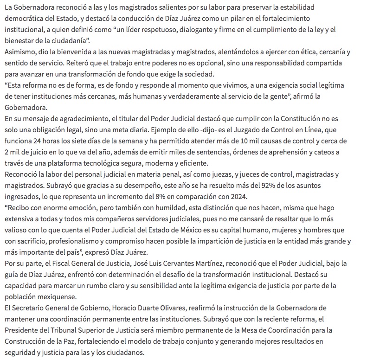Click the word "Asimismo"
click(19, 52)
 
